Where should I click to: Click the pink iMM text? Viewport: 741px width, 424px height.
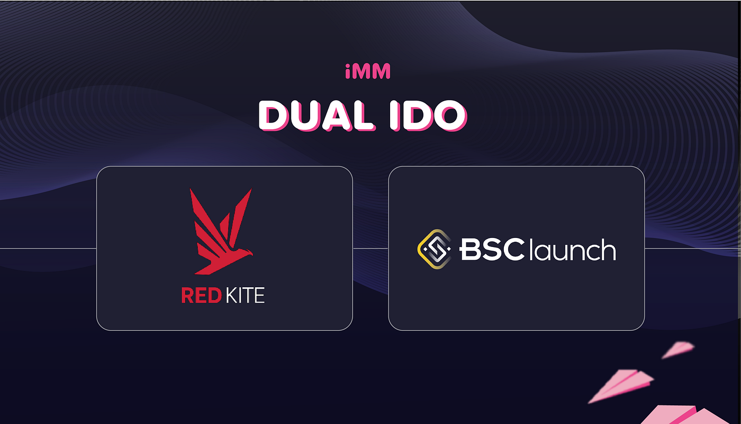[x=367, y=72]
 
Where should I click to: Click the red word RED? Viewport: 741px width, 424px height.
[x=201, y=295]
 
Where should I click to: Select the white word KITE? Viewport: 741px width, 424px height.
[x=245, y=295]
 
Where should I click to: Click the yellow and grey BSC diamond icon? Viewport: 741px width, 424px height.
[x=434, y=248]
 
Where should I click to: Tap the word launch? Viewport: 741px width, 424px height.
[x=572, y=249]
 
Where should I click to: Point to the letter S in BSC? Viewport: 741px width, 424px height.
[x=491, y=249]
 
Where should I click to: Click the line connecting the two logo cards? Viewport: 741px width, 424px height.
[x=370, y=248]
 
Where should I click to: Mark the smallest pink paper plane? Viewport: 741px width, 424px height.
[x=679, y=349]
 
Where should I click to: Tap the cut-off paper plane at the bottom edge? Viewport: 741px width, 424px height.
[x=675, y=416]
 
